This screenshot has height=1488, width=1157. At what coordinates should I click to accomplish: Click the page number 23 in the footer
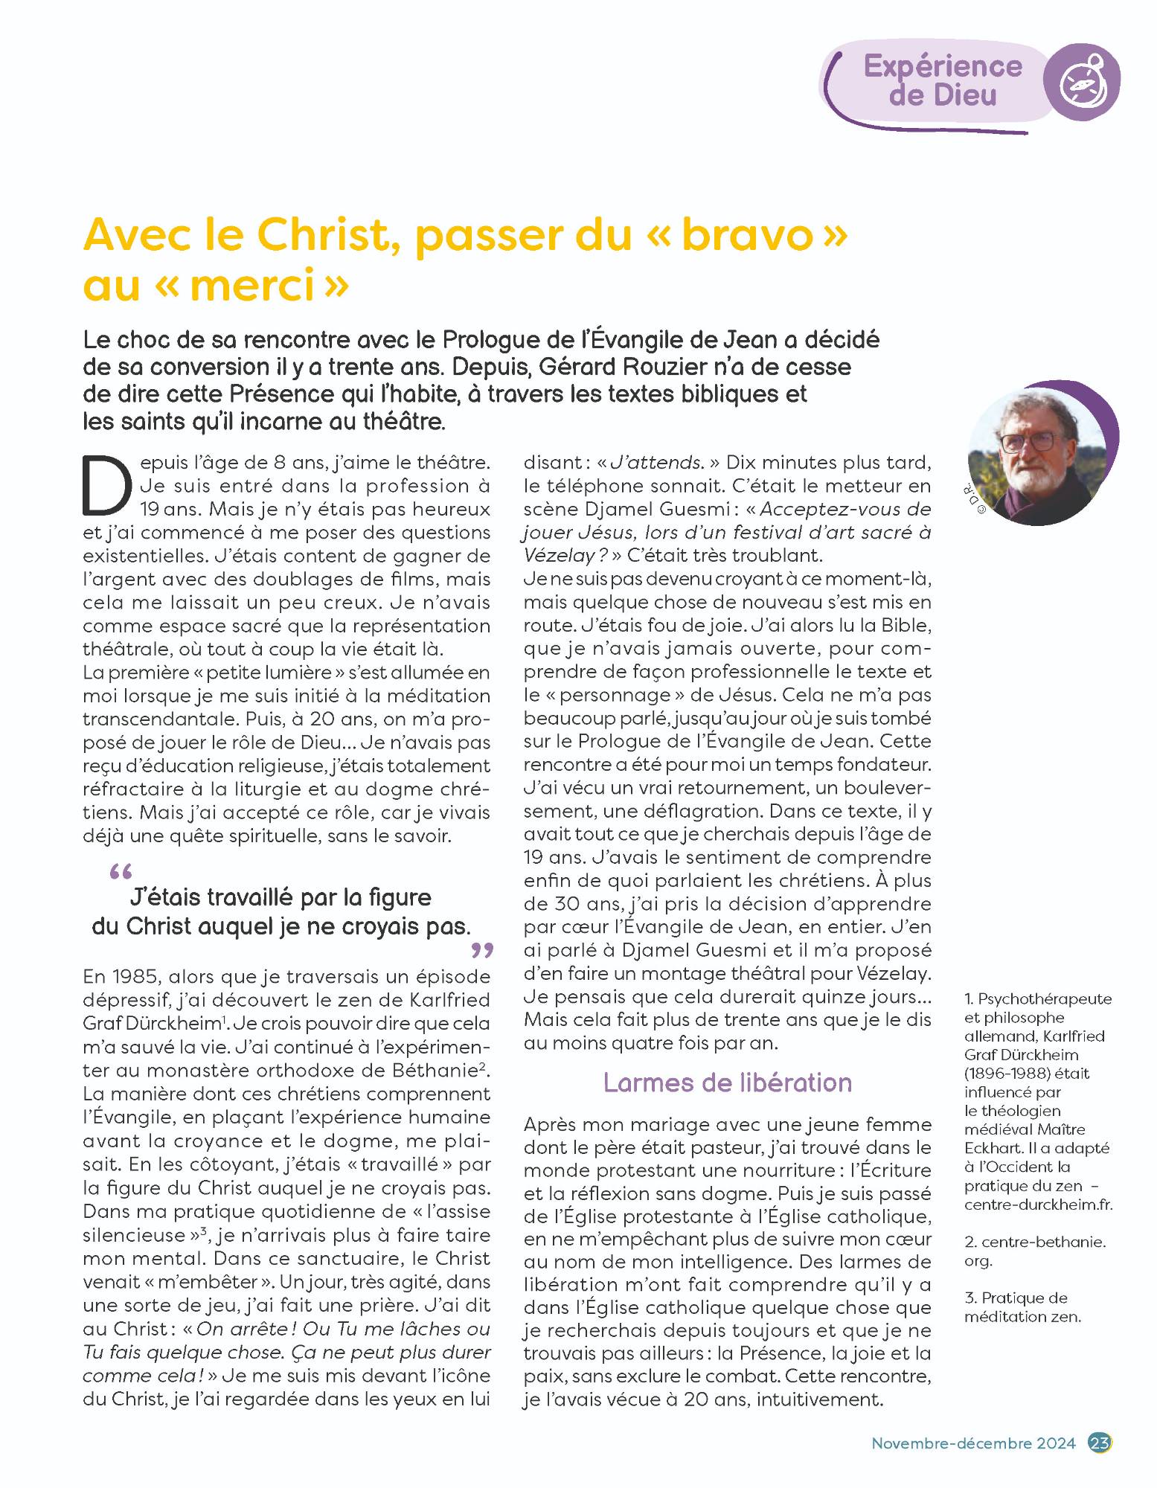pos(1100,1443)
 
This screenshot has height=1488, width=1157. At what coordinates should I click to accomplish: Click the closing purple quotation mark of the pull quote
pos(482,950)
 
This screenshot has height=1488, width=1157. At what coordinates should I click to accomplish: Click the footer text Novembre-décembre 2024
pos(973,1443)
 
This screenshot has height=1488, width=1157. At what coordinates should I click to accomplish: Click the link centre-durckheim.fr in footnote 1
pos(1039,1205)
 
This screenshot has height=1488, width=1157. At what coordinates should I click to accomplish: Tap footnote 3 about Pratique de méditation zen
pos(1022,1307)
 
